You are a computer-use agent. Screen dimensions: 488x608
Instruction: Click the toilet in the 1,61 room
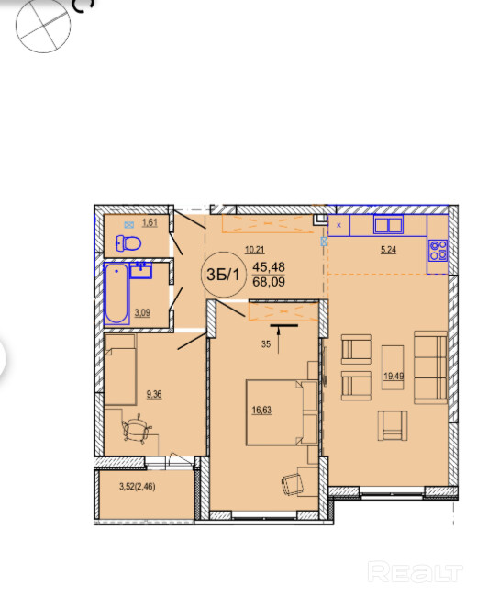tap(128, 243)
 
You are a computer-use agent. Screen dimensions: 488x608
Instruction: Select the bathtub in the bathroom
tap(116, 294)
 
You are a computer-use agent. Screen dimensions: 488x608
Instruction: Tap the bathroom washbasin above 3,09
tap(140, 270)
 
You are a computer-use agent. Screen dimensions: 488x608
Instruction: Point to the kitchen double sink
tap(388, 224)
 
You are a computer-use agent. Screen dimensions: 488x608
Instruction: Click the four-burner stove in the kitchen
tap(438, 250)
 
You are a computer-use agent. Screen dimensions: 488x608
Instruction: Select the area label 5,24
tap(388, 250)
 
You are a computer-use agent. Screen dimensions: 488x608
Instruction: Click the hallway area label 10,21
tap(254, 250)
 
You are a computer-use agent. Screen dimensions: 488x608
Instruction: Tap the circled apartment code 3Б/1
tap(223, 275)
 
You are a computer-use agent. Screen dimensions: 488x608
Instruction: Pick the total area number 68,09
tap(269, 282)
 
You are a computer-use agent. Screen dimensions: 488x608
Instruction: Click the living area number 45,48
tap(269, 266)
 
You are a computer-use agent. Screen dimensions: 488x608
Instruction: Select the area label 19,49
tap(394, 376)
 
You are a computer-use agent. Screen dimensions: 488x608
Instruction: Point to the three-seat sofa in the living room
tap(430, 367)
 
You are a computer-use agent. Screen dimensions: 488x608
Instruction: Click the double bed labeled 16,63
tap(282, 412)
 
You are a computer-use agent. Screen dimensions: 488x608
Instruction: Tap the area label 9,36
tap(154, 394)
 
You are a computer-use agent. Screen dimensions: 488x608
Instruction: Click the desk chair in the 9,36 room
tap(137, 429)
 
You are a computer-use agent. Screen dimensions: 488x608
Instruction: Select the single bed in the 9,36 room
tap(120, 370)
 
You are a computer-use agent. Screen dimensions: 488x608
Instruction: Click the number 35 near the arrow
tap(266, 343)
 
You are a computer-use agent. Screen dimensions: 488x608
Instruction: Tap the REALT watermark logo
tap(415, 572)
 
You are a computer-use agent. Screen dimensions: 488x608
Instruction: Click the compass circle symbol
tap(43, 25)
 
